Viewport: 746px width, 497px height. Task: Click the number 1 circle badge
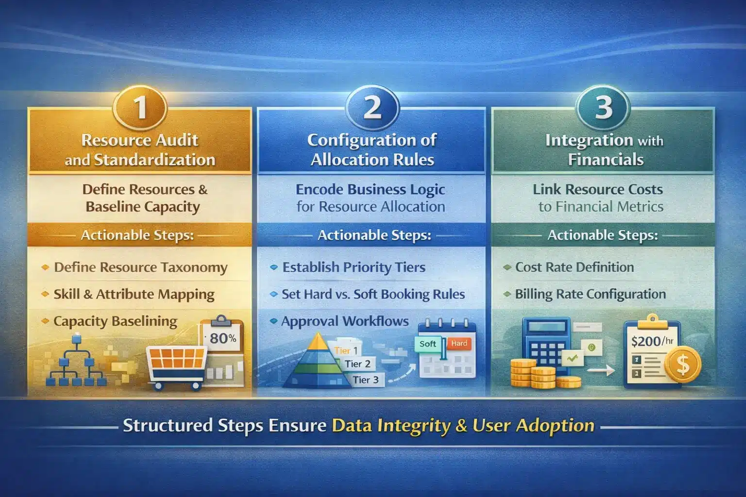point(140,107)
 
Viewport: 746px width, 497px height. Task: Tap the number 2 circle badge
point(373,107)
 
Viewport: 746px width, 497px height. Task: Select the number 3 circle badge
point(603,107)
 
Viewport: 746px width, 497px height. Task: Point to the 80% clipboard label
point(223,338)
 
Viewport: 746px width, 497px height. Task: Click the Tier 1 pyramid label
point(346,350)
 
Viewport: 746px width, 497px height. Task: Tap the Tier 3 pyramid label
point(365,380)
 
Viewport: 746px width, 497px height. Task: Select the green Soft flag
point(428,344)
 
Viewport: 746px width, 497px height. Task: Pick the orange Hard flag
point(458,343)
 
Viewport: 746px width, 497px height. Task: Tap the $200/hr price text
point(652,341)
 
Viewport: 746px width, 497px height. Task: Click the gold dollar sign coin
point(683,364)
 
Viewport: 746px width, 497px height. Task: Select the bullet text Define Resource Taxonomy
point(140,267)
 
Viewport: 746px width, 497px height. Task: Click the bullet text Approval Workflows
point(345,321)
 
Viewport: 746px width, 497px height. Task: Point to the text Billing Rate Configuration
point(590,294)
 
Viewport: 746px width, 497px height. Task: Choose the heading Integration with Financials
point(604,149)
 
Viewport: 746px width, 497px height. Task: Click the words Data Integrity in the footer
point(391,426)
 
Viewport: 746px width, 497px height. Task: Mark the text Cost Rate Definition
point(574,267)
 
